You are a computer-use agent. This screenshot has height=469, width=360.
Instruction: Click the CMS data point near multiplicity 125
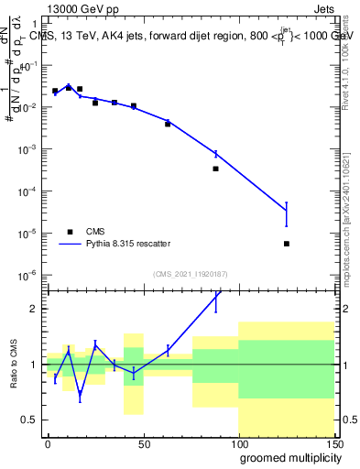coord(287,244)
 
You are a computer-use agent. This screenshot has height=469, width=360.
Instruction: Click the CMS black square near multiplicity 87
coord(216,169)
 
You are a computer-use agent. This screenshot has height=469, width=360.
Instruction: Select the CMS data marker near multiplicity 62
coord(168,124)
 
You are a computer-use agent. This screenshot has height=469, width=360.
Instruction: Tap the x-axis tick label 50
coord(143,443)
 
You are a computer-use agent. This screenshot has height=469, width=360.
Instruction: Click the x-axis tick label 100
coord(238,443)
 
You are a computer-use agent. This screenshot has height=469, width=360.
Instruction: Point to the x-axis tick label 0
coord(48,443)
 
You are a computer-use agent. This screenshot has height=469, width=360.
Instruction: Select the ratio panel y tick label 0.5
coord(30,420)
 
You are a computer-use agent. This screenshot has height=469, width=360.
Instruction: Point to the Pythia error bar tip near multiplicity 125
coord(287,202)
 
